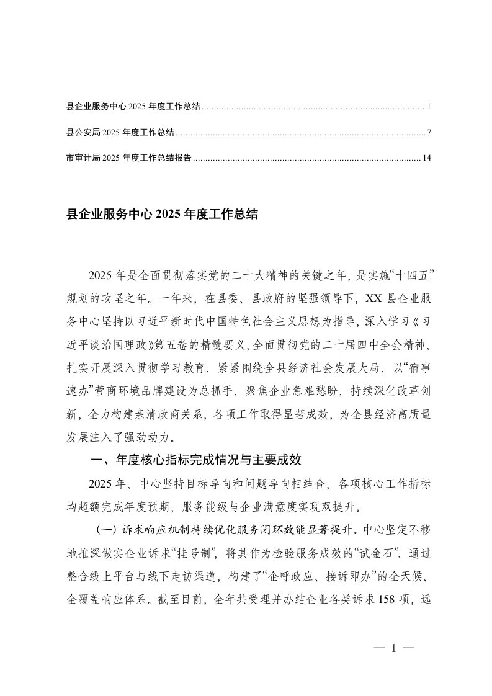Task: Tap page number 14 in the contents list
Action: (x=426, y=158)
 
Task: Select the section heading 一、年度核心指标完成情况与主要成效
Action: (x=196, y=460)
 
